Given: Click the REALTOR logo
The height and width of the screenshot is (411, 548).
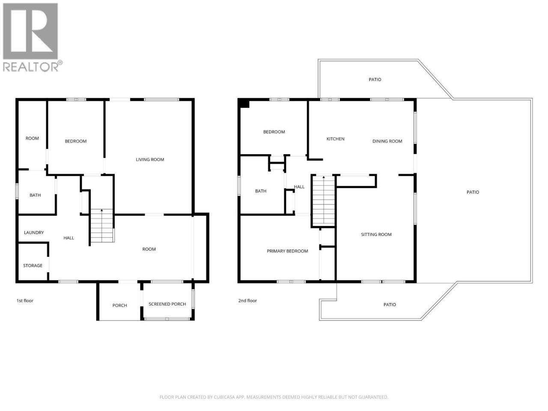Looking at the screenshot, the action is point(33,37).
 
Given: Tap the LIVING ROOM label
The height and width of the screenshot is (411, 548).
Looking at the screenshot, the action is point(150,159).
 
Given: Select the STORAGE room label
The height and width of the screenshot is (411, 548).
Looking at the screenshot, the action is point(33,265).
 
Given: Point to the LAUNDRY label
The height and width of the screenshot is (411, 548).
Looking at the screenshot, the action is point(34,232).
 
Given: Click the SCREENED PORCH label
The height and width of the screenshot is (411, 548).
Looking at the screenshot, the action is point(167,304).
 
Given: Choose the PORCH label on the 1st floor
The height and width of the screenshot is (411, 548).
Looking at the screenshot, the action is point(119,305).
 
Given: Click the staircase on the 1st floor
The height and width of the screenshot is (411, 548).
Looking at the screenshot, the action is point(102,226).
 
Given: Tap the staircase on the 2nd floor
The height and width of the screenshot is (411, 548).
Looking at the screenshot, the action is point(324,201).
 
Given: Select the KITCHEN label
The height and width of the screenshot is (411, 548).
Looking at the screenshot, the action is point(335,139).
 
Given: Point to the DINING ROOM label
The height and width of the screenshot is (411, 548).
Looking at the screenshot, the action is point(387,141).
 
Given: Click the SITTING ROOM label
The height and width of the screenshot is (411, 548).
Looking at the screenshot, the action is point(376,234).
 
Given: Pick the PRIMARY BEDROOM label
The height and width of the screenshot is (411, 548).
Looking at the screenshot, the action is point(287,251).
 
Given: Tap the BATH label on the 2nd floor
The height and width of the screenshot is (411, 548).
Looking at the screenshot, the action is point(261,191).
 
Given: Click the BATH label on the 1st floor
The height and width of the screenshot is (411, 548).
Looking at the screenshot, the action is point(35,195).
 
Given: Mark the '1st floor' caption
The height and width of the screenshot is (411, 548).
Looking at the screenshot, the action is point(25,301).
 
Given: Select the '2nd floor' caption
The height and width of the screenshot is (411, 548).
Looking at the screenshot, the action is point(247,301).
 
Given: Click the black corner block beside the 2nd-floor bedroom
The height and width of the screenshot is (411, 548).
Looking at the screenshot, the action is point(244,103).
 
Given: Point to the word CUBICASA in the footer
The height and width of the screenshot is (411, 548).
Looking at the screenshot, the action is point(225,397).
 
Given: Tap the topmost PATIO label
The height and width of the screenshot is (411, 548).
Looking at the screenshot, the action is point(375,80).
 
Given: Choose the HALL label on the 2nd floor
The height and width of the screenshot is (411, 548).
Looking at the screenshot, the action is point(299,187).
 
